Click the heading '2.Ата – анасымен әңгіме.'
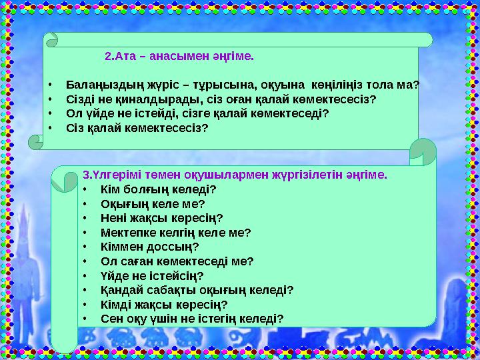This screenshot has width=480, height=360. tap(179, 57)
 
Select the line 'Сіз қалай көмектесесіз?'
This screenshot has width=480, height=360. tap(137, 127)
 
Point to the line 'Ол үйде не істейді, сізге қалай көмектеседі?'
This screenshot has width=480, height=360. tap(197, 113)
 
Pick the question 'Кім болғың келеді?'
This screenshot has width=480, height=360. tap(158, 189)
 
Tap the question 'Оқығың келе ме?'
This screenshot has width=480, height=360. tap(152, 203)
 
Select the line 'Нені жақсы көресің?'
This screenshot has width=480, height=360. tap(161, 218)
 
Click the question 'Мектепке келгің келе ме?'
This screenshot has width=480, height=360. tap(175, 233)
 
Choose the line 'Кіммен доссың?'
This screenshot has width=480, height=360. tap(149, 247)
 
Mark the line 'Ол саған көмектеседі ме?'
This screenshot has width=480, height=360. tap(177, 261)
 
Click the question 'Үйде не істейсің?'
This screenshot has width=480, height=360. tap(151, 275)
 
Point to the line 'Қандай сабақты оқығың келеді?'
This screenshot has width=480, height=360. tap(197, 290)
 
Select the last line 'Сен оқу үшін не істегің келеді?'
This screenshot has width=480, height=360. tap(192, 319)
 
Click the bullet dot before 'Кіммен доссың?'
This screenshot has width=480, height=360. tap(85, 247)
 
